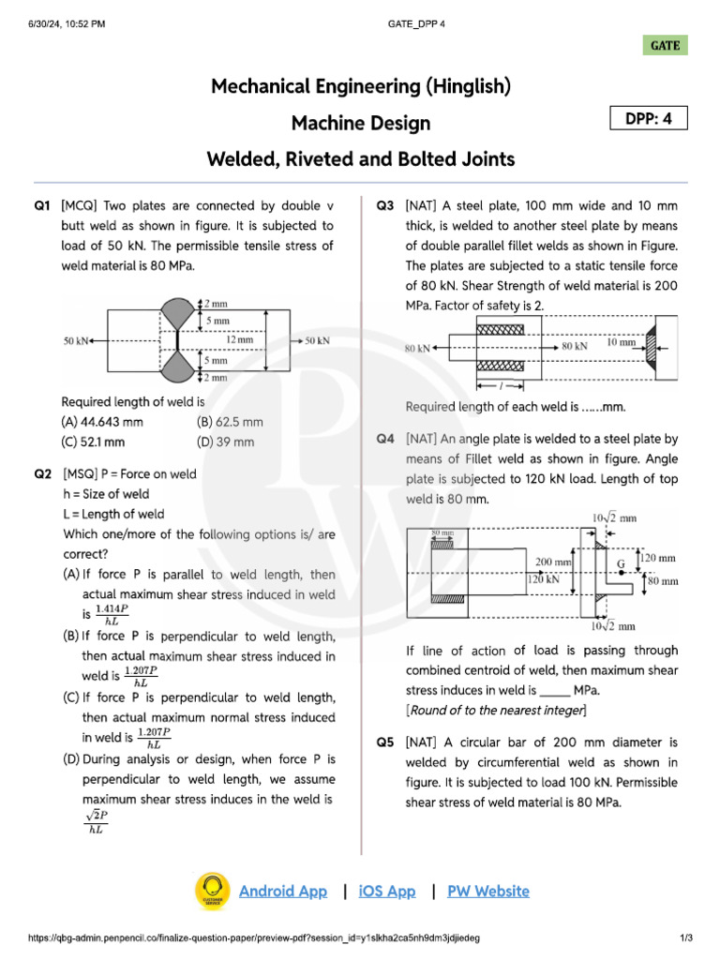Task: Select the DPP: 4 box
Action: [x=649, y=118]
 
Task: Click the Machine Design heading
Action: [x=360, y=123]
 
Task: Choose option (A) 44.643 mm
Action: [x=102, y=422]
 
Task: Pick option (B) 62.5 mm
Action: [x=230, y=422]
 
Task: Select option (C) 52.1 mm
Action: [x=93, y=442]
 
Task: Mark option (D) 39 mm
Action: [x=225, y=442]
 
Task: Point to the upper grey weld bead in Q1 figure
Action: [x=175, y=314]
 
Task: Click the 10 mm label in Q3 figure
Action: [x=620, y=343]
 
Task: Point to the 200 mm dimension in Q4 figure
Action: [x=553, y=562]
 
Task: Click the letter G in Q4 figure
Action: [x=621, y=563]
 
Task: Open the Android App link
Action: [x=283, y=892]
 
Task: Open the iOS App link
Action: [x=386, y=892]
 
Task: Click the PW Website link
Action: [x=487, y=892]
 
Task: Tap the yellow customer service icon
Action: [x=212, y=892]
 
